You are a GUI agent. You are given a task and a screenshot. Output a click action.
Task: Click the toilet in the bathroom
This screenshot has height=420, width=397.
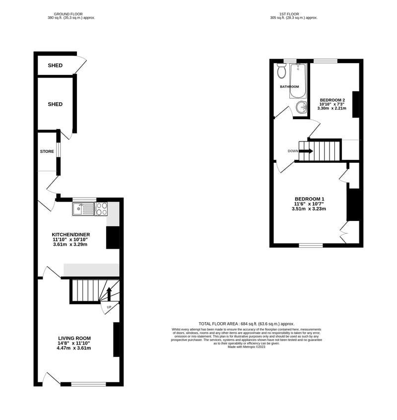[x=281, y=70]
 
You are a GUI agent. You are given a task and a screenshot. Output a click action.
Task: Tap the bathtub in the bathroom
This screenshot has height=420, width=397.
[x=297, y=81]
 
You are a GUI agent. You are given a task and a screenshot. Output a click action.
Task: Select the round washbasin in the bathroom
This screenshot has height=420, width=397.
[x=301, y=107]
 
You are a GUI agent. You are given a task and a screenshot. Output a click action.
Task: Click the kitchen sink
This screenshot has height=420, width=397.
[x=83, y=209]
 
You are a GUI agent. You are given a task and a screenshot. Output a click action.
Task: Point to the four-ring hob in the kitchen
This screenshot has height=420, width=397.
[x=101, y=209]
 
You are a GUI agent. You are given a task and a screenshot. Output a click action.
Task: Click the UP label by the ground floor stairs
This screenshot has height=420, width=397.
[x=109, y=307]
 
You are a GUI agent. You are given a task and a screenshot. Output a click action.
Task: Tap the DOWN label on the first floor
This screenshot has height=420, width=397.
[x=293, y=151]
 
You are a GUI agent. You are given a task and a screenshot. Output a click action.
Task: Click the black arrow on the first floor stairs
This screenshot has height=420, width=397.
[x=306, y=151]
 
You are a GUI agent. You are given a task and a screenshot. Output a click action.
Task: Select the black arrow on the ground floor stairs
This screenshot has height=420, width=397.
[x=109, y=294]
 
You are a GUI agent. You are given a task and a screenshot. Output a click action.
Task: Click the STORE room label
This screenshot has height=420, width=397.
[x=47, y=151]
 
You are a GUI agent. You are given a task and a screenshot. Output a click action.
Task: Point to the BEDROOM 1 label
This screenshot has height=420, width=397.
[x=310, y=199]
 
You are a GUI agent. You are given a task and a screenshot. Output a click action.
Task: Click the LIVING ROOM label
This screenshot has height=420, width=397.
[x=74, y=338]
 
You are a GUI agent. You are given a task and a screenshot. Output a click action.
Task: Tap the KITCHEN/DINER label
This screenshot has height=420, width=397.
[x=71, y=235]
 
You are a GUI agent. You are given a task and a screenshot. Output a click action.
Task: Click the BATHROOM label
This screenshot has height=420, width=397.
[x=289, y=87]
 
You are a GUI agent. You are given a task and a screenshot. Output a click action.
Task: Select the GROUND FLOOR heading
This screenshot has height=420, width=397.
[x=68, y=14]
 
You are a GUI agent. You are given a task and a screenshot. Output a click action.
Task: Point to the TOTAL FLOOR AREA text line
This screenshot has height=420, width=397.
[x=246, y=324]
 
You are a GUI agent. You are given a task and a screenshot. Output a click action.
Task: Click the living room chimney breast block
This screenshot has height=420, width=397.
[x=117, y=340]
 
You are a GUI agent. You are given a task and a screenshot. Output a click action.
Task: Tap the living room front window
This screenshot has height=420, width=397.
[x=89, y=384]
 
